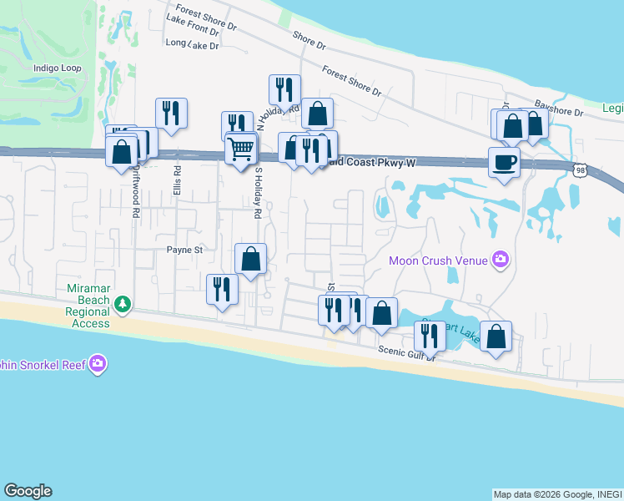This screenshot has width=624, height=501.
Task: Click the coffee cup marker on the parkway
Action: coord(504,162)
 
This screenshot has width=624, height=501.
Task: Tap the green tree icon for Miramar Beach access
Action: coord(123,302)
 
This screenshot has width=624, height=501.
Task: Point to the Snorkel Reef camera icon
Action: coord(98,363)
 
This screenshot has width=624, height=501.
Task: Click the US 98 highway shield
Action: coord(591,170)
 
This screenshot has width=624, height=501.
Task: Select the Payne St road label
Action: coord(184,249)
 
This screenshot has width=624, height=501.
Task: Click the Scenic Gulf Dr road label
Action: coord(407,354)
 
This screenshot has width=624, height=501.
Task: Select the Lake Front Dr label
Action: coord(192,23)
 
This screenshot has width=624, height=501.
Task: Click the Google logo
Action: coord(28,491)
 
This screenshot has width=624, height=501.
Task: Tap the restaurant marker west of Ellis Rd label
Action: coord(171,113)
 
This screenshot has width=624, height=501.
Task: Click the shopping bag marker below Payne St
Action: coord(250,259)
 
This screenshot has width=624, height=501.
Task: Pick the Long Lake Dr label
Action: coord(192,44)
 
